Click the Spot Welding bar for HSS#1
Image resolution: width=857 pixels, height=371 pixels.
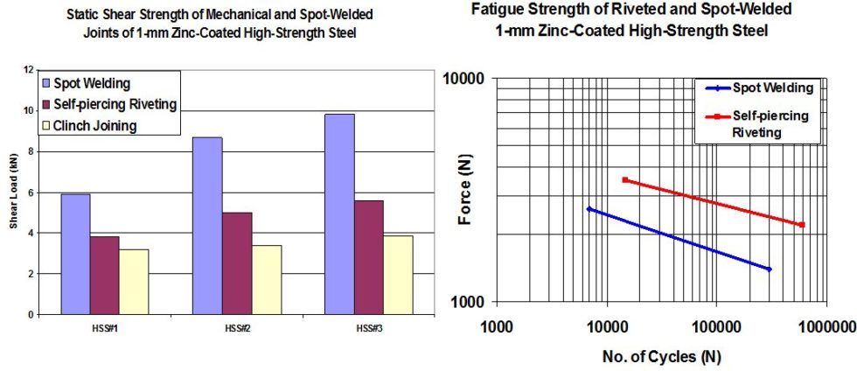point(75,254)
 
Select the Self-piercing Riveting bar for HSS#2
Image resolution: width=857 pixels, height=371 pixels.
point(237,262)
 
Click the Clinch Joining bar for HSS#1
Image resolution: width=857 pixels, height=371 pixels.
point(134,281)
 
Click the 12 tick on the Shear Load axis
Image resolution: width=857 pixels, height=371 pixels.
point(29,70)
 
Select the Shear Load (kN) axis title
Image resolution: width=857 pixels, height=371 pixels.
point(14,194)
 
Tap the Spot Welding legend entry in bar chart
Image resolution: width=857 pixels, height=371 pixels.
point(92,84)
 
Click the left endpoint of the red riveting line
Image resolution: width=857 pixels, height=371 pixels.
point(624,179)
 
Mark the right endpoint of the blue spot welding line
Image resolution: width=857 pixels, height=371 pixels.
point(770,269)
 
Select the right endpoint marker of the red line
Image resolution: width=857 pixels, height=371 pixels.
point(801,225)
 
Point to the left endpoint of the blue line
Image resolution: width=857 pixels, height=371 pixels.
point(589,209)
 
